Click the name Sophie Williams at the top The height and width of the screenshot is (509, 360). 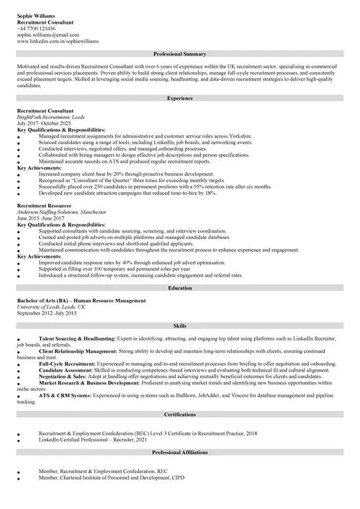[36, 15]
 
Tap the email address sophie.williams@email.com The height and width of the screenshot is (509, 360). [48, 35]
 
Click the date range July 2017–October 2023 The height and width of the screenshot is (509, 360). [44, 124]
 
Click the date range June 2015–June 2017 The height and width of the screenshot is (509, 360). [40, 219]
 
